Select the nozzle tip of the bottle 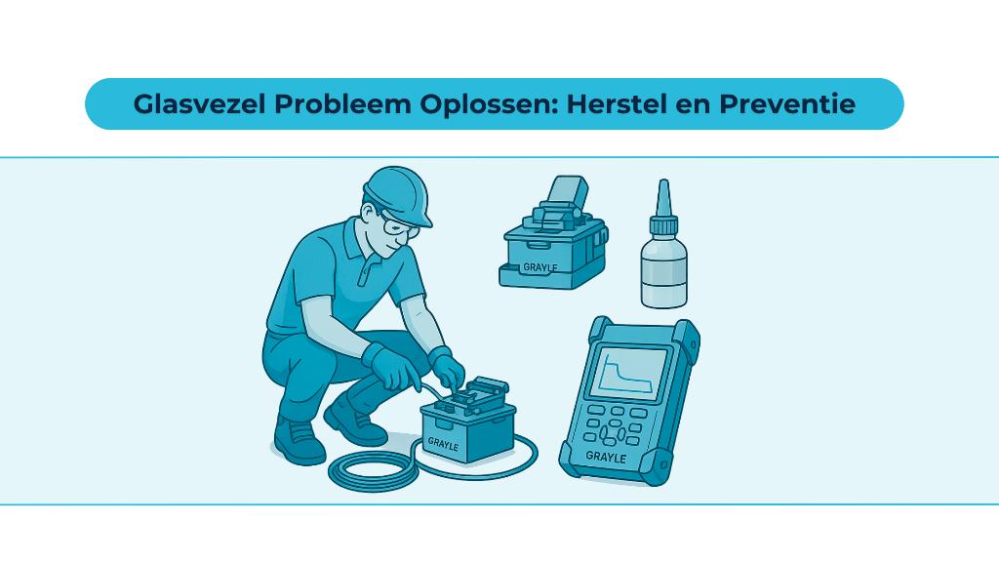[663, 189]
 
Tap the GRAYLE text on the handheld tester [605, 455]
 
